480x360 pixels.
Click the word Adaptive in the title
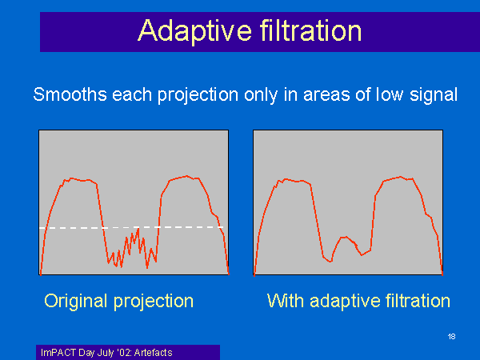(194, 31)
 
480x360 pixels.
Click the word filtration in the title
(310, 30)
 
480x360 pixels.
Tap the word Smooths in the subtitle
(70, 94)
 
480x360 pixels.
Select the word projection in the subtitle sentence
(198, 95)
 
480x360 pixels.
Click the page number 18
(451, 337)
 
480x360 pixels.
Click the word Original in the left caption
(76, 301)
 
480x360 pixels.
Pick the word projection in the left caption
(154, 302)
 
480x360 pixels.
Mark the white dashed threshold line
(131, 227)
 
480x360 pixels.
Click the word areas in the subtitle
(326, 95)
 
